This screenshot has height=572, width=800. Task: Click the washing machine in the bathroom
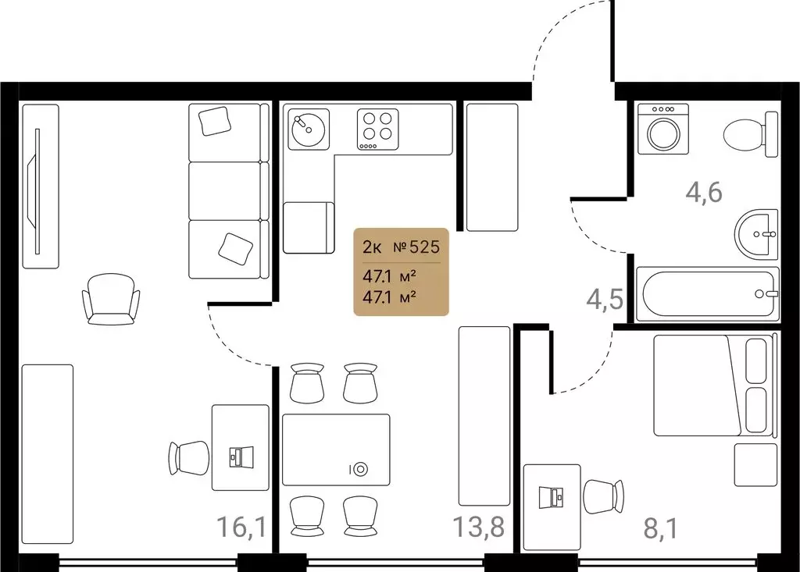click(x=663, y=129)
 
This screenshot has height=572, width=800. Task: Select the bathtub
click(x=708, y=294)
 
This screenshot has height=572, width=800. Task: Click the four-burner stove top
click(x=377, y=130)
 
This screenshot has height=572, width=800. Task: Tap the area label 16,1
click(x=241, y=527)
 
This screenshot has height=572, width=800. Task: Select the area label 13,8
click(x=479, y=527)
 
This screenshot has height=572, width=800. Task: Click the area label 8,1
click(x=661, y=528)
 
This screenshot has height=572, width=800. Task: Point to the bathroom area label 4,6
click(x=704, y=193)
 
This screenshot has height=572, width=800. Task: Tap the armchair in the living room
click(x=111, y=299)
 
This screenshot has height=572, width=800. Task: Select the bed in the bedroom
click(x=714, y=385)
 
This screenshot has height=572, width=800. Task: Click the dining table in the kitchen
click(x=336, y=449)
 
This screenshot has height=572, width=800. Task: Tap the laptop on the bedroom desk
click(x=552, y=497)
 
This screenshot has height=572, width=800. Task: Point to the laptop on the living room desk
click(x=241, y=457)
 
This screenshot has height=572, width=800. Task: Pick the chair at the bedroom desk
click(x=604, y=497)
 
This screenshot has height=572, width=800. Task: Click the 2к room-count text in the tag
click(x=372, y=247)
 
